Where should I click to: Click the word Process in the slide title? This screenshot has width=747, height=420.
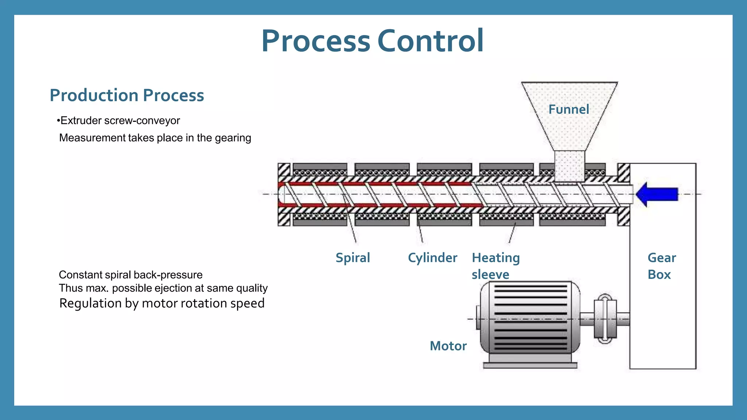(316, 41)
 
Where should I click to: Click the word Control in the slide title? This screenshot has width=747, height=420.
(430, 41)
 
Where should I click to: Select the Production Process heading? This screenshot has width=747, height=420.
(127, 95)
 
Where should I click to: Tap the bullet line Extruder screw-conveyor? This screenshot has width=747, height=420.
(119, 121)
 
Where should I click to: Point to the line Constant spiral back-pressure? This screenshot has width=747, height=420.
(131, 275)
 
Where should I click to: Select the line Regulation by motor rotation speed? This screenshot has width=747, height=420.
(162, 303)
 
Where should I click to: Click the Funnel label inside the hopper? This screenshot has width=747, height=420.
(569, 109)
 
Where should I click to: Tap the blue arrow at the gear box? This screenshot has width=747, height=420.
(657, 194)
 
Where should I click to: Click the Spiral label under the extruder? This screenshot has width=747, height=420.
(353, 258)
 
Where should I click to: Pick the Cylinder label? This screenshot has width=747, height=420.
(432, 258)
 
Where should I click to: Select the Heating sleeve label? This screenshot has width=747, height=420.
(495, 266)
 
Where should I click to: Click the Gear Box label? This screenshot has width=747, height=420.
(661, 266)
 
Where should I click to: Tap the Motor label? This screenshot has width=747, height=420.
(448, 346)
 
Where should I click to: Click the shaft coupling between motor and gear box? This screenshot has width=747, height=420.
(605, 319)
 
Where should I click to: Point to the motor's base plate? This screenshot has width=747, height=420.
(530, 365)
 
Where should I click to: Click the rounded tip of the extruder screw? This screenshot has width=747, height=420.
(282, 194)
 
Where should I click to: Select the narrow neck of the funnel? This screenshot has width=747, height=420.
(569, 166)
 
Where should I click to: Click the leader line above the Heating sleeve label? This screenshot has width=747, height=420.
(512, 232)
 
